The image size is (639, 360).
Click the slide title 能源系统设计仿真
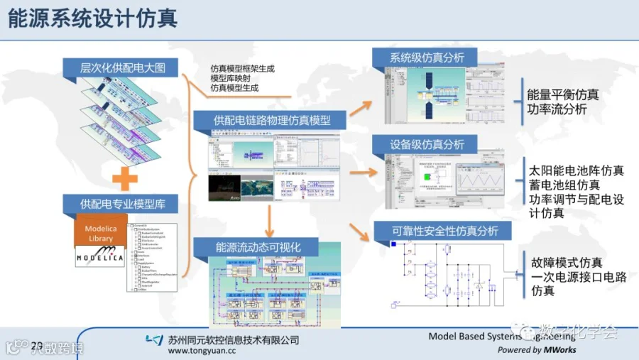92,18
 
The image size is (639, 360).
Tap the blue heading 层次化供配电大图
122,68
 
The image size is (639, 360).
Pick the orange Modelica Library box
100,234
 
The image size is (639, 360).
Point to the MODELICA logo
100,257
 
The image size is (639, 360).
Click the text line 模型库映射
229,78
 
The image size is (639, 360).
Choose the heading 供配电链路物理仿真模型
272,120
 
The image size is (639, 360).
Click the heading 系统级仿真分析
423,58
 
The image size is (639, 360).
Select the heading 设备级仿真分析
423,144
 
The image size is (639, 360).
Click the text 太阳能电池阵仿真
576,171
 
